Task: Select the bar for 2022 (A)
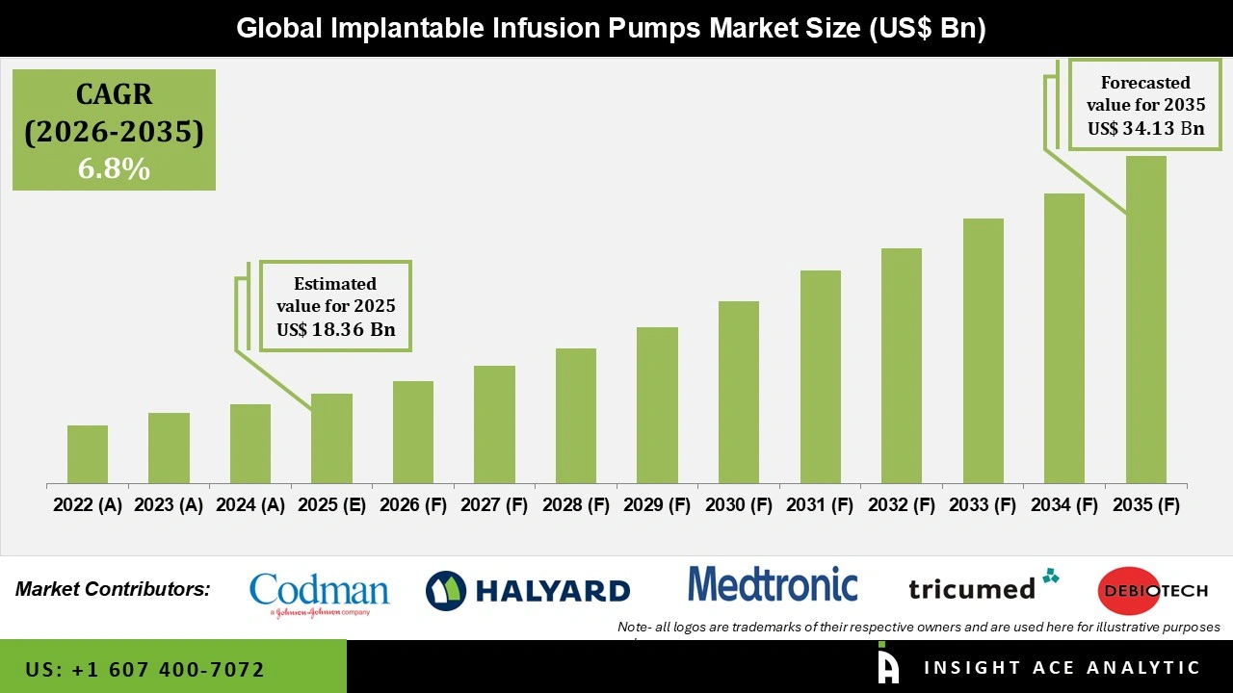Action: [88, 454]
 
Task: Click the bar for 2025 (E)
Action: [331, 439]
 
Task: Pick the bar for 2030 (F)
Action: [739, 393]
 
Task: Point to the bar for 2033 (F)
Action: [983, 351]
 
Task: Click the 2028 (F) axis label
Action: [576, 504]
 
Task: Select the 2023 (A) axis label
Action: [169, 504]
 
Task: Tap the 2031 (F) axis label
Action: [820, 504]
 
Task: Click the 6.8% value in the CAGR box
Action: [114, 169]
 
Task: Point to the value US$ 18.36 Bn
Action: [336, 329]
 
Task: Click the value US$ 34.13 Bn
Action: [1145, 128]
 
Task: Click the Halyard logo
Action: [528, 590]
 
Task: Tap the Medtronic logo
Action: [773, 585]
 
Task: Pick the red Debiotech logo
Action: [1152, 590]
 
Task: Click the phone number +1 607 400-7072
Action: [145, 669]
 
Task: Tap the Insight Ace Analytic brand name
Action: [1062, 667]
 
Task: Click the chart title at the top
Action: [611, 29]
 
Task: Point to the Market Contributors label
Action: [113, 589]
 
